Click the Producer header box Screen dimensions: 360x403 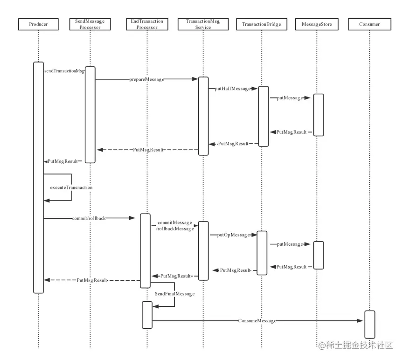coord(38,24)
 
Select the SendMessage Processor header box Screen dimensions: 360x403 coord(90,24)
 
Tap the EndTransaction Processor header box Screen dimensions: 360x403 coord(147,24)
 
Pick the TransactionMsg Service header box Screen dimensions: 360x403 coord(203,24)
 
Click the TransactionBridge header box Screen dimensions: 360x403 coord(261,24)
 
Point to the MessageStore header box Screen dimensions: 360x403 coord(317,24)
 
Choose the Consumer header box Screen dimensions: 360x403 coord(369,24)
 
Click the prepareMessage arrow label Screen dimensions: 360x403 coord(146,80)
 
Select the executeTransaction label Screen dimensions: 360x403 coord(71,187)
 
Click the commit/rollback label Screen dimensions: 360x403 coord(89,218)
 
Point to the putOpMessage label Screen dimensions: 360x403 coord(234,235)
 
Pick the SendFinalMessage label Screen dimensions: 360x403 coord(174,294)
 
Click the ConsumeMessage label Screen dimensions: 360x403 coord(257,321)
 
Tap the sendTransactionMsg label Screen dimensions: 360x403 coord(64,71)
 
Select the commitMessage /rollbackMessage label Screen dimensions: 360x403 coord(175,226)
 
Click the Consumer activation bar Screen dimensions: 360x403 coord(369,324)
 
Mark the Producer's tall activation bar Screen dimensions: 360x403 coord(38,177)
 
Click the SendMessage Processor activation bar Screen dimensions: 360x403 coord(90,115)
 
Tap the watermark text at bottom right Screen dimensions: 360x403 coord(355,346)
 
